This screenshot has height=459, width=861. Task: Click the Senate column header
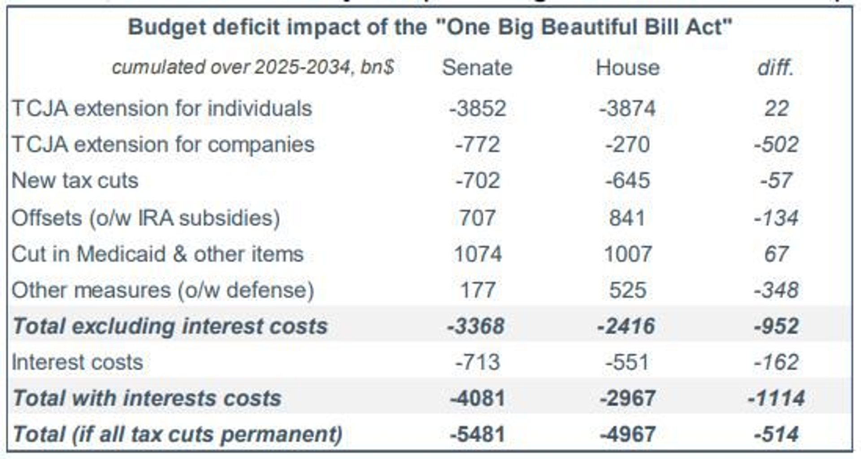(x=477, y=68)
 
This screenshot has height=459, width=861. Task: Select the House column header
(x=627, y=68)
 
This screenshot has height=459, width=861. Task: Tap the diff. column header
(x=776, y=68)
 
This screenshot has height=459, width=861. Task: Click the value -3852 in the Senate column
(x=478, y=108)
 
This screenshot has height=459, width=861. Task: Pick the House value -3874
(x=627, y=108)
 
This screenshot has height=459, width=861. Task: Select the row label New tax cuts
(x=75, y=180)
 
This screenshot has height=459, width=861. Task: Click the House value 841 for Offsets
(x=627, y=218)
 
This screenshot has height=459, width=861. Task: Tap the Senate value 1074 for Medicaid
(x=478, y=254)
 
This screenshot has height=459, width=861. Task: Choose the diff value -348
(x=776, y=290)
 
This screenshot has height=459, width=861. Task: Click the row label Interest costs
(x=77, y=362)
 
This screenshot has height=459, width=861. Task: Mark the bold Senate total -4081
(x=478, y=398)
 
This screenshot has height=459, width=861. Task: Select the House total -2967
(x=627, y=398)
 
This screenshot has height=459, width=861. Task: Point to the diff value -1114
(x=776, y=398)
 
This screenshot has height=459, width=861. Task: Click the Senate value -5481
(x=478, y=434)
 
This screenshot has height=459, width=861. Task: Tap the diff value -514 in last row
(x=776, y=434)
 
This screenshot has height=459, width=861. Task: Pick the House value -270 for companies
(x=627, y=145)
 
